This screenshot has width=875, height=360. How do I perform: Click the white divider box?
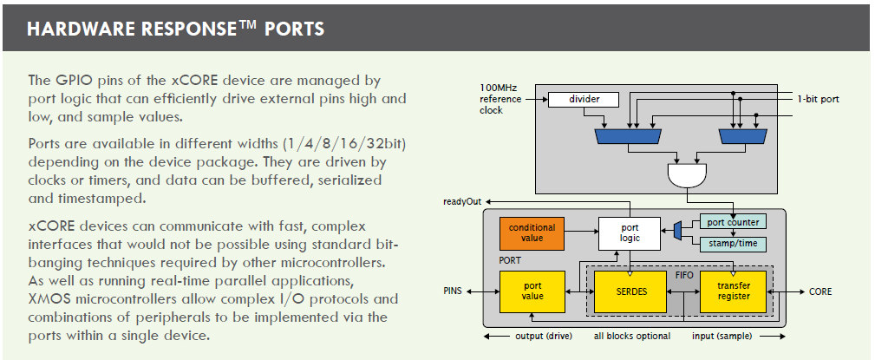(x=584, y=100)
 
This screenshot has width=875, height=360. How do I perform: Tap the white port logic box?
(x=629, y=232)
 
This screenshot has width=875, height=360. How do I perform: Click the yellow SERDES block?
(x=630, y=291)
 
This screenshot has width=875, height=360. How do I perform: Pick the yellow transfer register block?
(x=734, y=291)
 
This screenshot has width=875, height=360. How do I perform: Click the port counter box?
(x=733, y=222)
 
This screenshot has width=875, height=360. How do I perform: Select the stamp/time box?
(x=733, y=244)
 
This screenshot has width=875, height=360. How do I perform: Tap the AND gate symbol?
(x=687, y=175)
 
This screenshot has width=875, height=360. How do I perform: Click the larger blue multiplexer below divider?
(x=629, y=136)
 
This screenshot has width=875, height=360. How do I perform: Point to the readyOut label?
(x=462, y=201)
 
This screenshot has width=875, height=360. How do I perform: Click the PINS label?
(x=453, y=292)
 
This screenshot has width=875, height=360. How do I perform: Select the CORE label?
(x=819, y=292)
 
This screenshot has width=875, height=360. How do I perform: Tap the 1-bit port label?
(x=818, y=100)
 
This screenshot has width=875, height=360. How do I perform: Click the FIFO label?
(x=682, y=275)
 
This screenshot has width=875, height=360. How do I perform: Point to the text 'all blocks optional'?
(x=631, y=336)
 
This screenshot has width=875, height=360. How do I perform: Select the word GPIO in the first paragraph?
(x=67, y=81)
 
